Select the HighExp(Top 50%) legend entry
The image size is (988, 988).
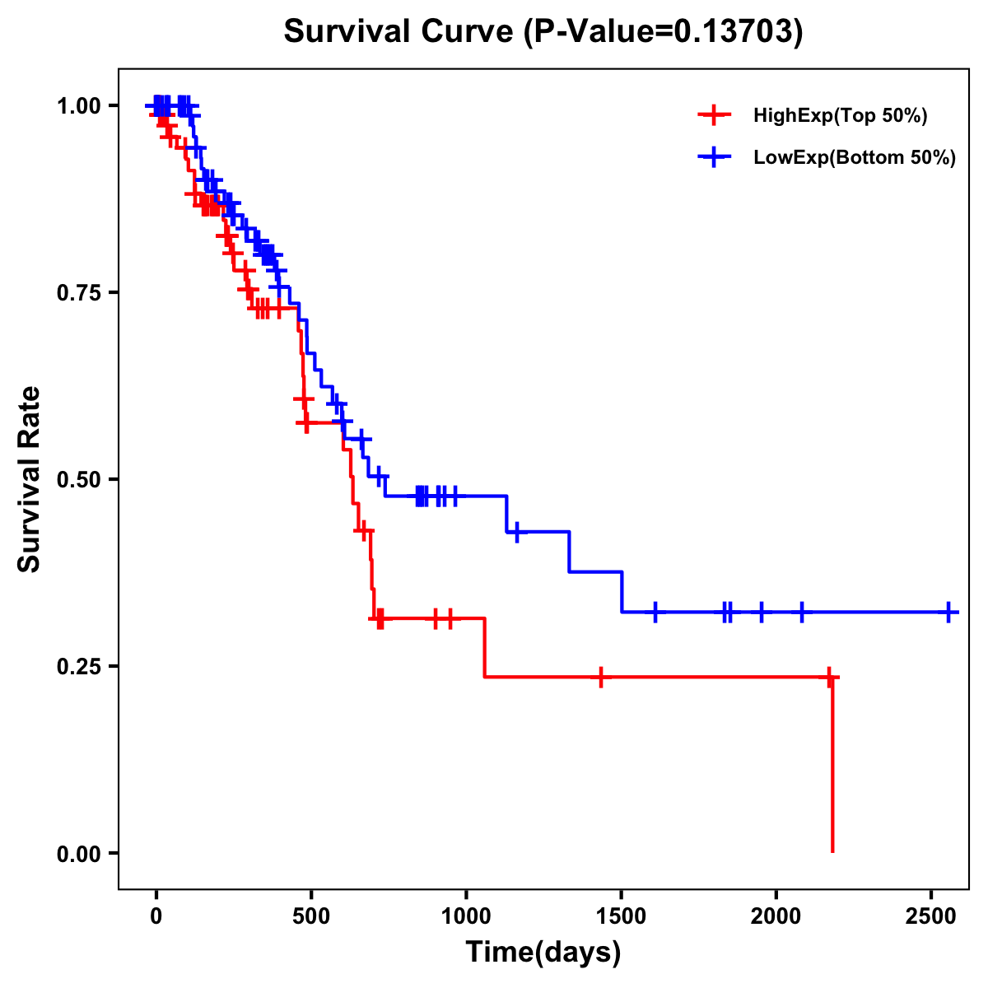coord(840,116)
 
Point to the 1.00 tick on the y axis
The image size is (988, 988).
coord(78,106)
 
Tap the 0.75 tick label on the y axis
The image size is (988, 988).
coord(78,293)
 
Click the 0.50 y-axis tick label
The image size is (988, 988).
coord(78,480)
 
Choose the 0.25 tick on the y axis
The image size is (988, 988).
coord(78,667)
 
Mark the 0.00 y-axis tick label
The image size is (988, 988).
coord(78,854)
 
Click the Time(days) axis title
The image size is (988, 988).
coord(543,953)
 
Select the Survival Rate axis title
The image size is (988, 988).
coord(30,479)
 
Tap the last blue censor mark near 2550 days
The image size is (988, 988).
coord(948,613)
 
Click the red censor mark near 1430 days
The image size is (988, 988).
coord(601,677)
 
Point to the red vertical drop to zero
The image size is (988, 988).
coord(832,766)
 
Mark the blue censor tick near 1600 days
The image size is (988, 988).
coord(655,612)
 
